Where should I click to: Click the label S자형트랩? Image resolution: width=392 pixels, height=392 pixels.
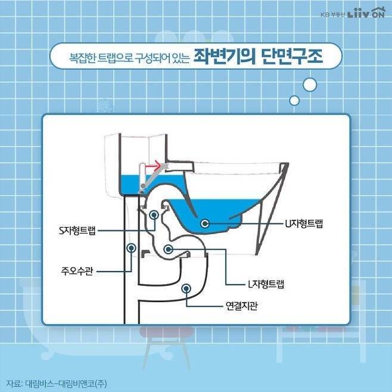click(77, 231)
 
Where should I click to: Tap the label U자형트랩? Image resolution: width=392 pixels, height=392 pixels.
click(304, 223)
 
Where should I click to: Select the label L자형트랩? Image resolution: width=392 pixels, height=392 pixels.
click(266, 284)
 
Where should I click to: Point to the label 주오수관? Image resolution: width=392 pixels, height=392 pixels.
click(77, 270)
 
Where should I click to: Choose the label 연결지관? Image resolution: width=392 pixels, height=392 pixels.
click(241, 306)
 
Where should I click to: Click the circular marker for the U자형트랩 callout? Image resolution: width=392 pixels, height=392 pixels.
click(205, 223)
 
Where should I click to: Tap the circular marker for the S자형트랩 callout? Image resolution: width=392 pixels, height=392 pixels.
click(154, 214)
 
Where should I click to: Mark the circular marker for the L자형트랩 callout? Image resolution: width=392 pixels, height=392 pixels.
click(168, 249)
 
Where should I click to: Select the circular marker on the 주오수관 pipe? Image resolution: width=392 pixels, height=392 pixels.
click(131, 248)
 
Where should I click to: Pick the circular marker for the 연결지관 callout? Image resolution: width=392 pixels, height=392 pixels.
click(186, 289)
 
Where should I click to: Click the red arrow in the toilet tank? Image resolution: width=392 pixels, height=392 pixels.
click(153, 165)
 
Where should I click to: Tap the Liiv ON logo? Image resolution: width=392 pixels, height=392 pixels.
click(366, 13)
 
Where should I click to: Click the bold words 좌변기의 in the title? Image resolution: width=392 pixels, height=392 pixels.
click(225, 57)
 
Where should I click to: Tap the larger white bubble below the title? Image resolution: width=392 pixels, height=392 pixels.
click(310, 85)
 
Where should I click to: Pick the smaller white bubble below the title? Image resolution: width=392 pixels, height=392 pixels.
click(294, 100)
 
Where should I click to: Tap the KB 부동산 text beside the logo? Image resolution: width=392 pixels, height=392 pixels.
click(333, 14)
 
